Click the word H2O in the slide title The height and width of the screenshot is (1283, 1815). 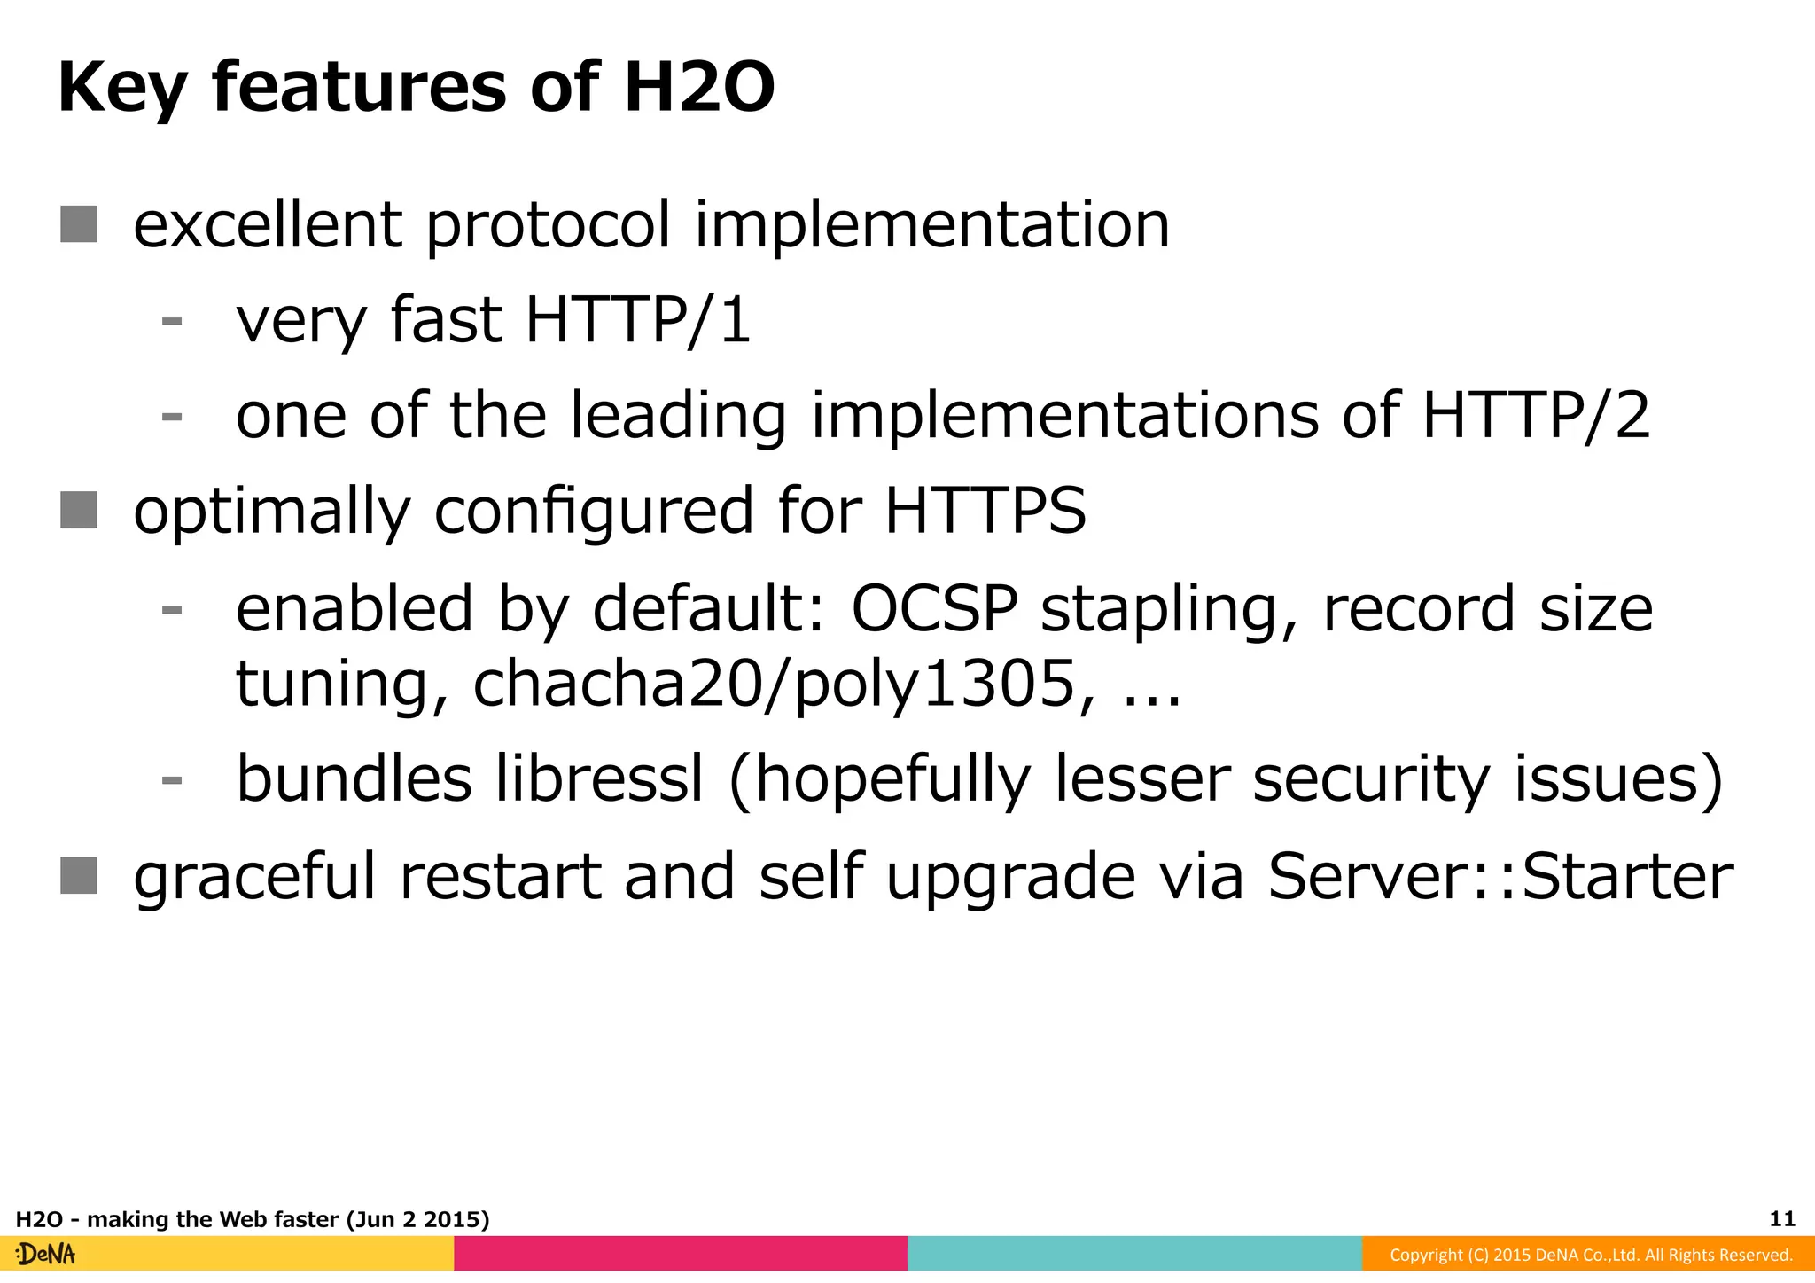[x=698, y=88]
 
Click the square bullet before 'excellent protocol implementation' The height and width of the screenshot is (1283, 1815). [x=79, y=224]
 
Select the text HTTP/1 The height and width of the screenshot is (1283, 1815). [x=638, y=320]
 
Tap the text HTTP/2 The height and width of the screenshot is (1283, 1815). [x=1536, y=416]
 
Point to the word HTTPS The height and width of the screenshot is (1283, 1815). [x=985, y=512]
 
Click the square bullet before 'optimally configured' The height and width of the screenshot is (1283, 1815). [x=79, y=511]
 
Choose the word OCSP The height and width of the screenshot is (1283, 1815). [x=934, y=609]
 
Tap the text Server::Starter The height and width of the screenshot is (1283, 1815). [x=1500, y=877]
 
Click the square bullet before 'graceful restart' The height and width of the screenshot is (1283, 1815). [x=79, y=876]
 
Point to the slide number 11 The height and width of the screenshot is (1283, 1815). [x=1782, y=1219]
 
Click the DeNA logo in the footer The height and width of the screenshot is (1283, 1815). [x=46, y=1255]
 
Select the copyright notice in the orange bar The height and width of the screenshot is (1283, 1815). [x=1590, y=1255]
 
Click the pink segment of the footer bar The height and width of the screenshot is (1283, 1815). [x=681, y=1254]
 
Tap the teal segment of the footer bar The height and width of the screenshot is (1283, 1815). [x=1134, y=1254]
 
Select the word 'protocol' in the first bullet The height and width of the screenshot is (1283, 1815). [x=548, y=225]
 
